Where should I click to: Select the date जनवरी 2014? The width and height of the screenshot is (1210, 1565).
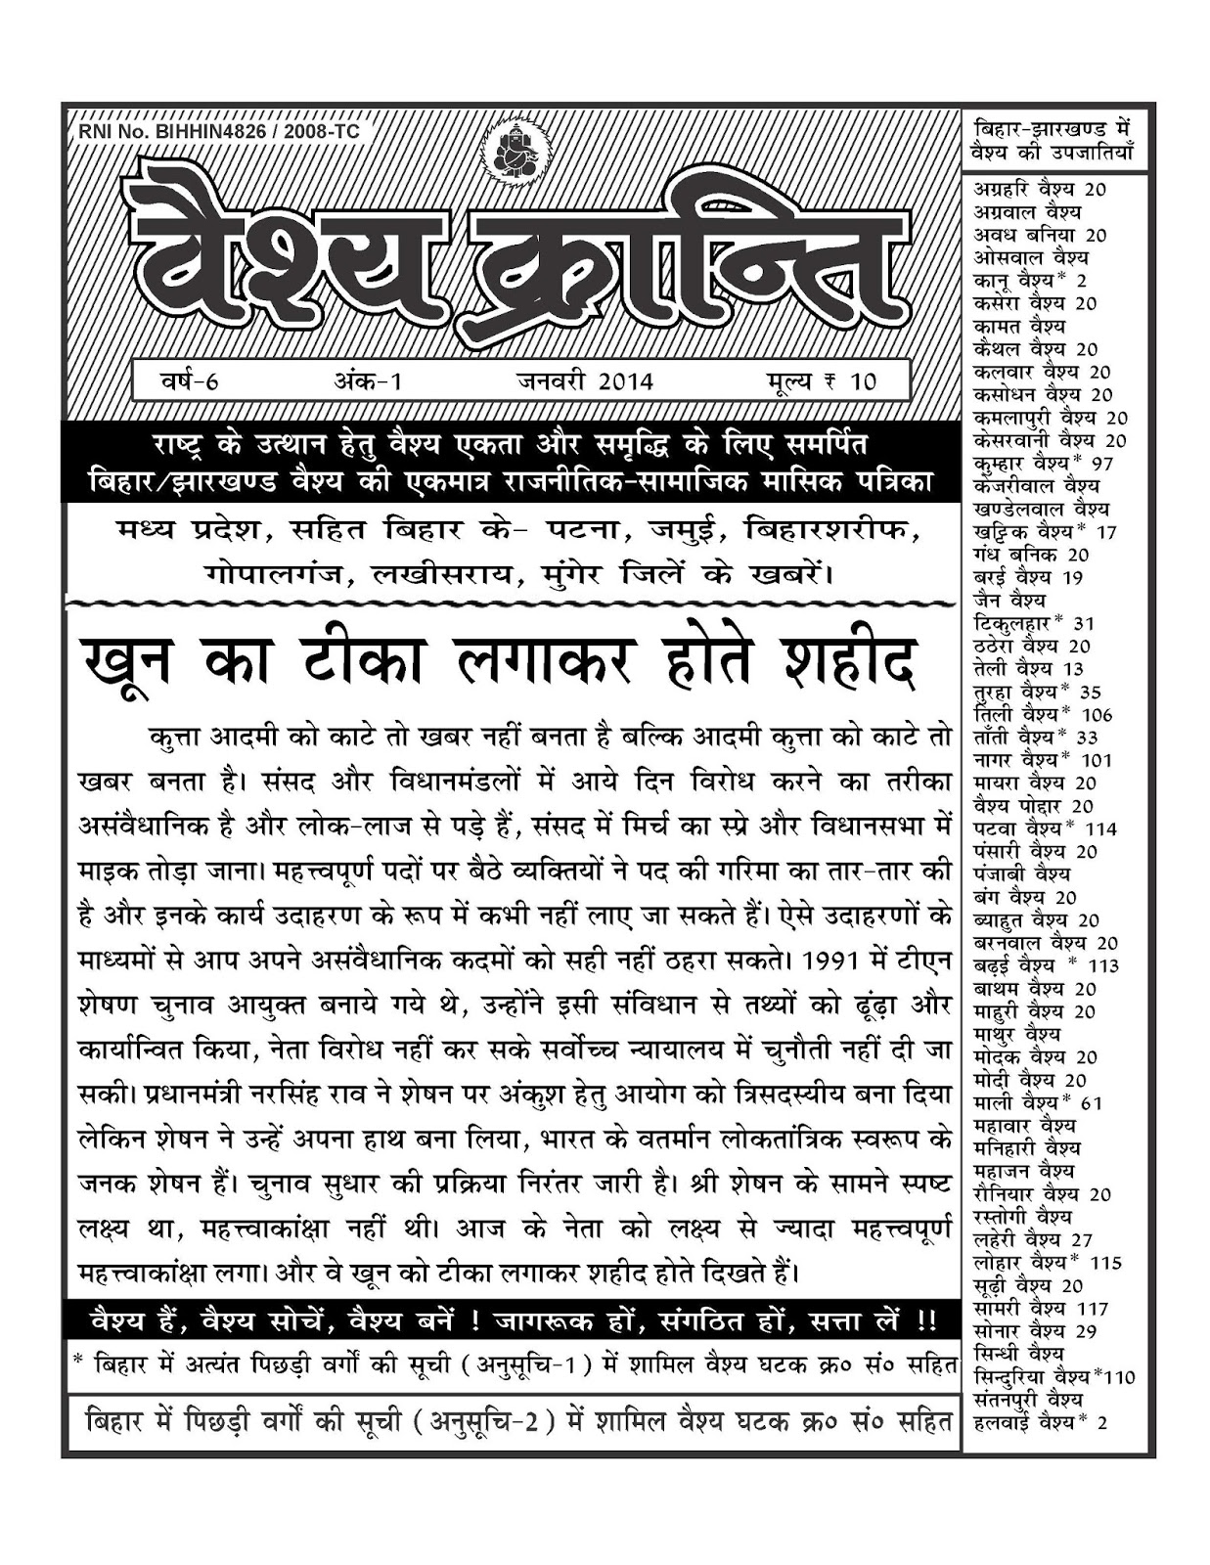pyautogui.click(x=585, y=380)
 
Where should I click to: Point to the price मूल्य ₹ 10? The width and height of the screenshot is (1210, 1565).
pyautogui.click(x=821, y=380)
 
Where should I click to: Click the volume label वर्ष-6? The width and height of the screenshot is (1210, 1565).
pyautogui.click(x=190, y=380)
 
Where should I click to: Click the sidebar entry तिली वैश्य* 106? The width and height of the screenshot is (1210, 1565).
pyautogui.click(x=1043, y=714)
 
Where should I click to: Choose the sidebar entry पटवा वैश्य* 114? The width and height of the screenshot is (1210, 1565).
pyautogui.click(x=1045, y=828)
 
